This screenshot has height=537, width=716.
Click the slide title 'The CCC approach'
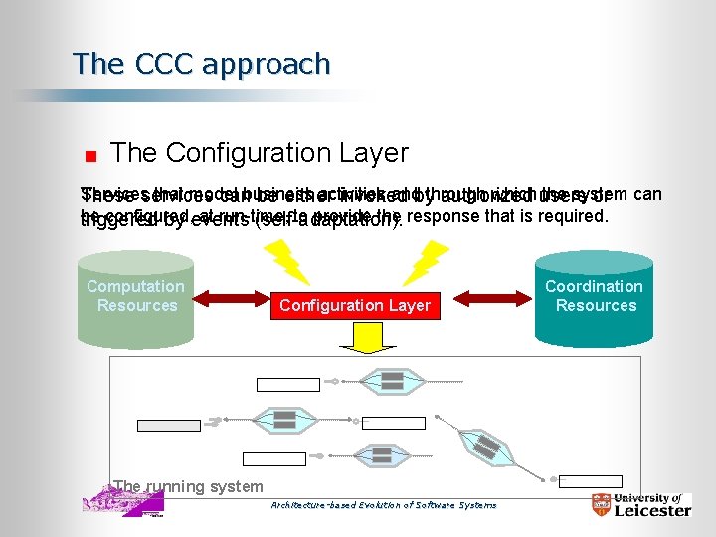(201, 64)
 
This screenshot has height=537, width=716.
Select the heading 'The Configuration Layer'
(260, 153)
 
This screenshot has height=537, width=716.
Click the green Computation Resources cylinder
(135, 298)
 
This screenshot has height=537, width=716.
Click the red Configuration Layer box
(355, 305)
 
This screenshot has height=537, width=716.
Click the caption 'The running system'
(188, 487)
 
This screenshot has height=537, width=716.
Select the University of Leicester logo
(640, 504)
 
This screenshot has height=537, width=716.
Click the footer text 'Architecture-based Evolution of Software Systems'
(384, 505)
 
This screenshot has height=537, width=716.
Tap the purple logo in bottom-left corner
(121, 501)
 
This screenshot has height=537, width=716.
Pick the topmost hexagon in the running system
(392, 380)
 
